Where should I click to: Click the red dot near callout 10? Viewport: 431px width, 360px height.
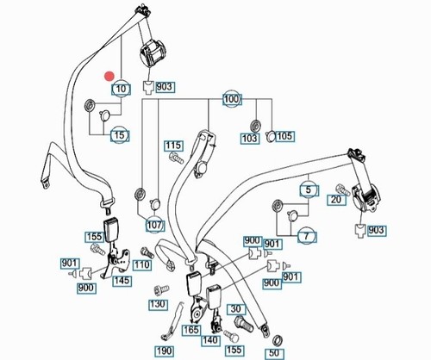[109, 76]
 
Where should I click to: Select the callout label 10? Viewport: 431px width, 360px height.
[122, 90]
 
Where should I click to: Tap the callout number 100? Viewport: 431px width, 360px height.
[231, 99]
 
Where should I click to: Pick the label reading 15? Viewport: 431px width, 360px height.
[120, 135]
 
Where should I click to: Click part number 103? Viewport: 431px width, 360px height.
[249, 138]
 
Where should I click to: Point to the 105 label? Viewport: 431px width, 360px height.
[284, 136]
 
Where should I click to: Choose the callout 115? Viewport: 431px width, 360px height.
[173, 146]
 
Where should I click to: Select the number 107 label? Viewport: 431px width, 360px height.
[155, 226]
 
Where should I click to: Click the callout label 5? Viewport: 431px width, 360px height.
[309, 189]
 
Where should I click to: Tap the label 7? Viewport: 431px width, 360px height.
[307, 236]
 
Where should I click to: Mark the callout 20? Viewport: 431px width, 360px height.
[336, 200]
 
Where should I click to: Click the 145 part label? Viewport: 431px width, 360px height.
[122, 281]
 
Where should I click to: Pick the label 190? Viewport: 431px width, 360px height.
[165, 351]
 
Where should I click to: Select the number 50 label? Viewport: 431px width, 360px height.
[274, 353]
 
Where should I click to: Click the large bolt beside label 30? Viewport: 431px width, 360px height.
[243, 324]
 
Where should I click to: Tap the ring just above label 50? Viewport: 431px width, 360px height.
[278, 340]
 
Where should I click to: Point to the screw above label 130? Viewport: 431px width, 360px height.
[161, 290]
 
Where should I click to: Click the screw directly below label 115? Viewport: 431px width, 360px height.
[176, 158]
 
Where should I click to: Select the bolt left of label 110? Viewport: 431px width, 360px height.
[147, 253]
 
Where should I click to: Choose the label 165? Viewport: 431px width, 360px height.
[191, 330]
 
